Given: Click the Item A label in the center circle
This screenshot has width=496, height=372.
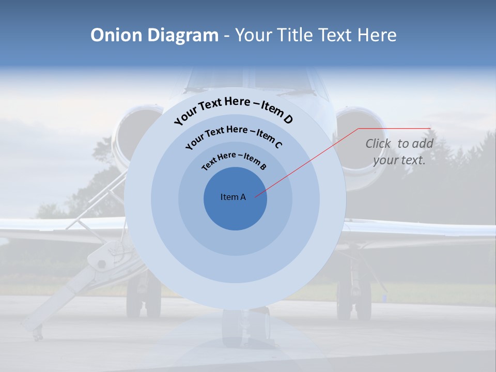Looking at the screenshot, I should tap(234, 197).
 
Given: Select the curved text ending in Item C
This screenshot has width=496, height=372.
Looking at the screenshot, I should tap(234, 135).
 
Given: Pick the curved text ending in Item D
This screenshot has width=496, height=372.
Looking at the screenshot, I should tap(234, 108).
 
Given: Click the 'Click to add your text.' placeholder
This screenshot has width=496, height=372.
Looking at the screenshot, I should tap(399, 152).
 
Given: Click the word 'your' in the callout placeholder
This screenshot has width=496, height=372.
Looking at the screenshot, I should tap(386, 160).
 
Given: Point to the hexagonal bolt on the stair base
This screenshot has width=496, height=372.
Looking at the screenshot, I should tap(101, 263).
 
